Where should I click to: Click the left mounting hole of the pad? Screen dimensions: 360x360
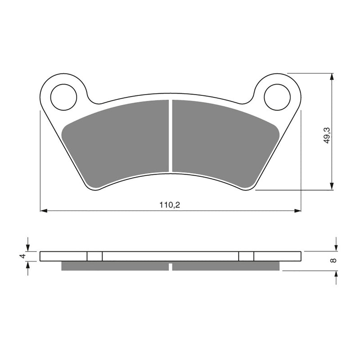coord(63,97)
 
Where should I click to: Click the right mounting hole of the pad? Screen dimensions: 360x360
coord(277,97)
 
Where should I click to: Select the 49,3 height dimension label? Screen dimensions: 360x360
coord(327,135)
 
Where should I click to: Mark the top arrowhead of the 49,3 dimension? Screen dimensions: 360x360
coord(332,76)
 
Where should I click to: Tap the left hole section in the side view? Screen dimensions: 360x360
coord(94,256)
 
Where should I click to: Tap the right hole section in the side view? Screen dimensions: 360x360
coord(246,256)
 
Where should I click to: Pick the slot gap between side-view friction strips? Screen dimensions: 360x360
coord(170,266)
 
